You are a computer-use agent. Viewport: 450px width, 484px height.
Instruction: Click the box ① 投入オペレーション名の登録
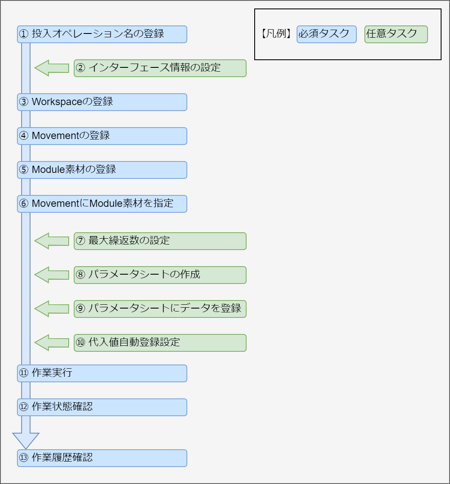(x=102, y=34)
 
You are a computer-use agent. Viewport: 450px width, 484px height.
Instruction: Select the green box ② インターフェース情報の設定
(x=160, y=68)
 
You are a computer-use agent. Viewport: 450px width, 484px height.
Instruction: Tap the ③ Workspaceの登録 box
(x=102, y=102)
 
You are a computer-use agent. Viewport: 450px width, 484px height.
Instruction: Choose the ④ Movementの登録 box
(x=102, y=136)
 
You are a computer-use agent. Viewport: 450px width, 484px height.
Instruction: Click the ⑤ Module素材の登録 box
(x=102, y=170)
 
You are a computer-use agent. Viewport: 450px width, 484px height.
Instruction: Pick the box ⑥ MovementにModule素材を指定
(x=102, y=204)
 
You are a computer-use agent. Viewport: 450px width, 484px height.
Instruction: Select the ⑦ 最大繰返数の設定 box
(x=160, y=241)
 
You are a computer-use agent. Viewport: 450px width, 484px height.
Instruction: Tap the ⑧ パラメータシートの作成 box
(x=160, y=275)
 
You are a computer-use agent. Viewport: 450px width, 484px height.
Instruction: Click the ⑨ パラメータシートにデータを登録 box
(x=160, y=309)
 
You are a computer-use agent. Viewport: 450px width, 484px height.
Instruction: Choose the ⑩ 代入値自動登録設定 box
(x=160, y=343)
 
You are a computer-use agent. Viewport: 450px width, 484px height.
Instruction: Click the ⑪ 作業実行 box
(x=102, y=373)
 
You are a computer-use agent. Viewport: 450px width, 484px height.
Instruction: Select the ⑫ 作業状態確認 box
(x=102, y=407)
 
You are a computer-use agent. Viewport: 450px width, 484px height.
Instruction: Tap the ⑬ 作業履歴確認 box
(x=102, y=458)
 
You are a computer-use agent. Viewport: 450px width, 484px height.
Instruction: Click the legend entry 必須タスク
(x=326, y=34)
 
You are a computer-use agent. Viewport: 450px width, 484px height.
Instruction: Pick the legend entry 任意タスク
(x=396, y=34)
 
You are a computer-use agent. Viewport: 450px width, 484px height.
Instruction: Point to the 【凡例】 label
(x=277, y=34)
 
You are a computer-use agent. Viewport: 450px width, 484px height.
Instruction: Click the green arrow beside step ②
(x=51, y=68)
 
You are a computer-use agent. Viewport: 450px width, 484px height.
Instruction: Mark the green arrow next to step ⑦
(x=51, y=241)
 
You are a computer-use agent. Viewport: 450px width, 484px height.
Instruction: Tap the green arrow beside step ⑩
(x=51, y=343)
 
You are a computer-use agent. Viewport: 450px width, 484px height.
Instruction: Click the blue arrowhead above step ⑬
(x=26, y=440)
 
